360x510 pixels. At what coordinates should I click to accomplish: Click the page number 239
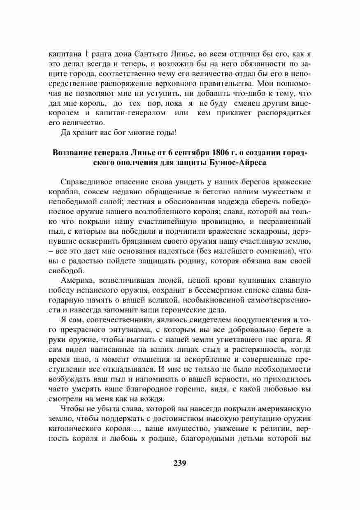180,462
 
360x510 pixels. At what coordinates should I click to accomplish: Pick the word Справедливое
85,182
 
